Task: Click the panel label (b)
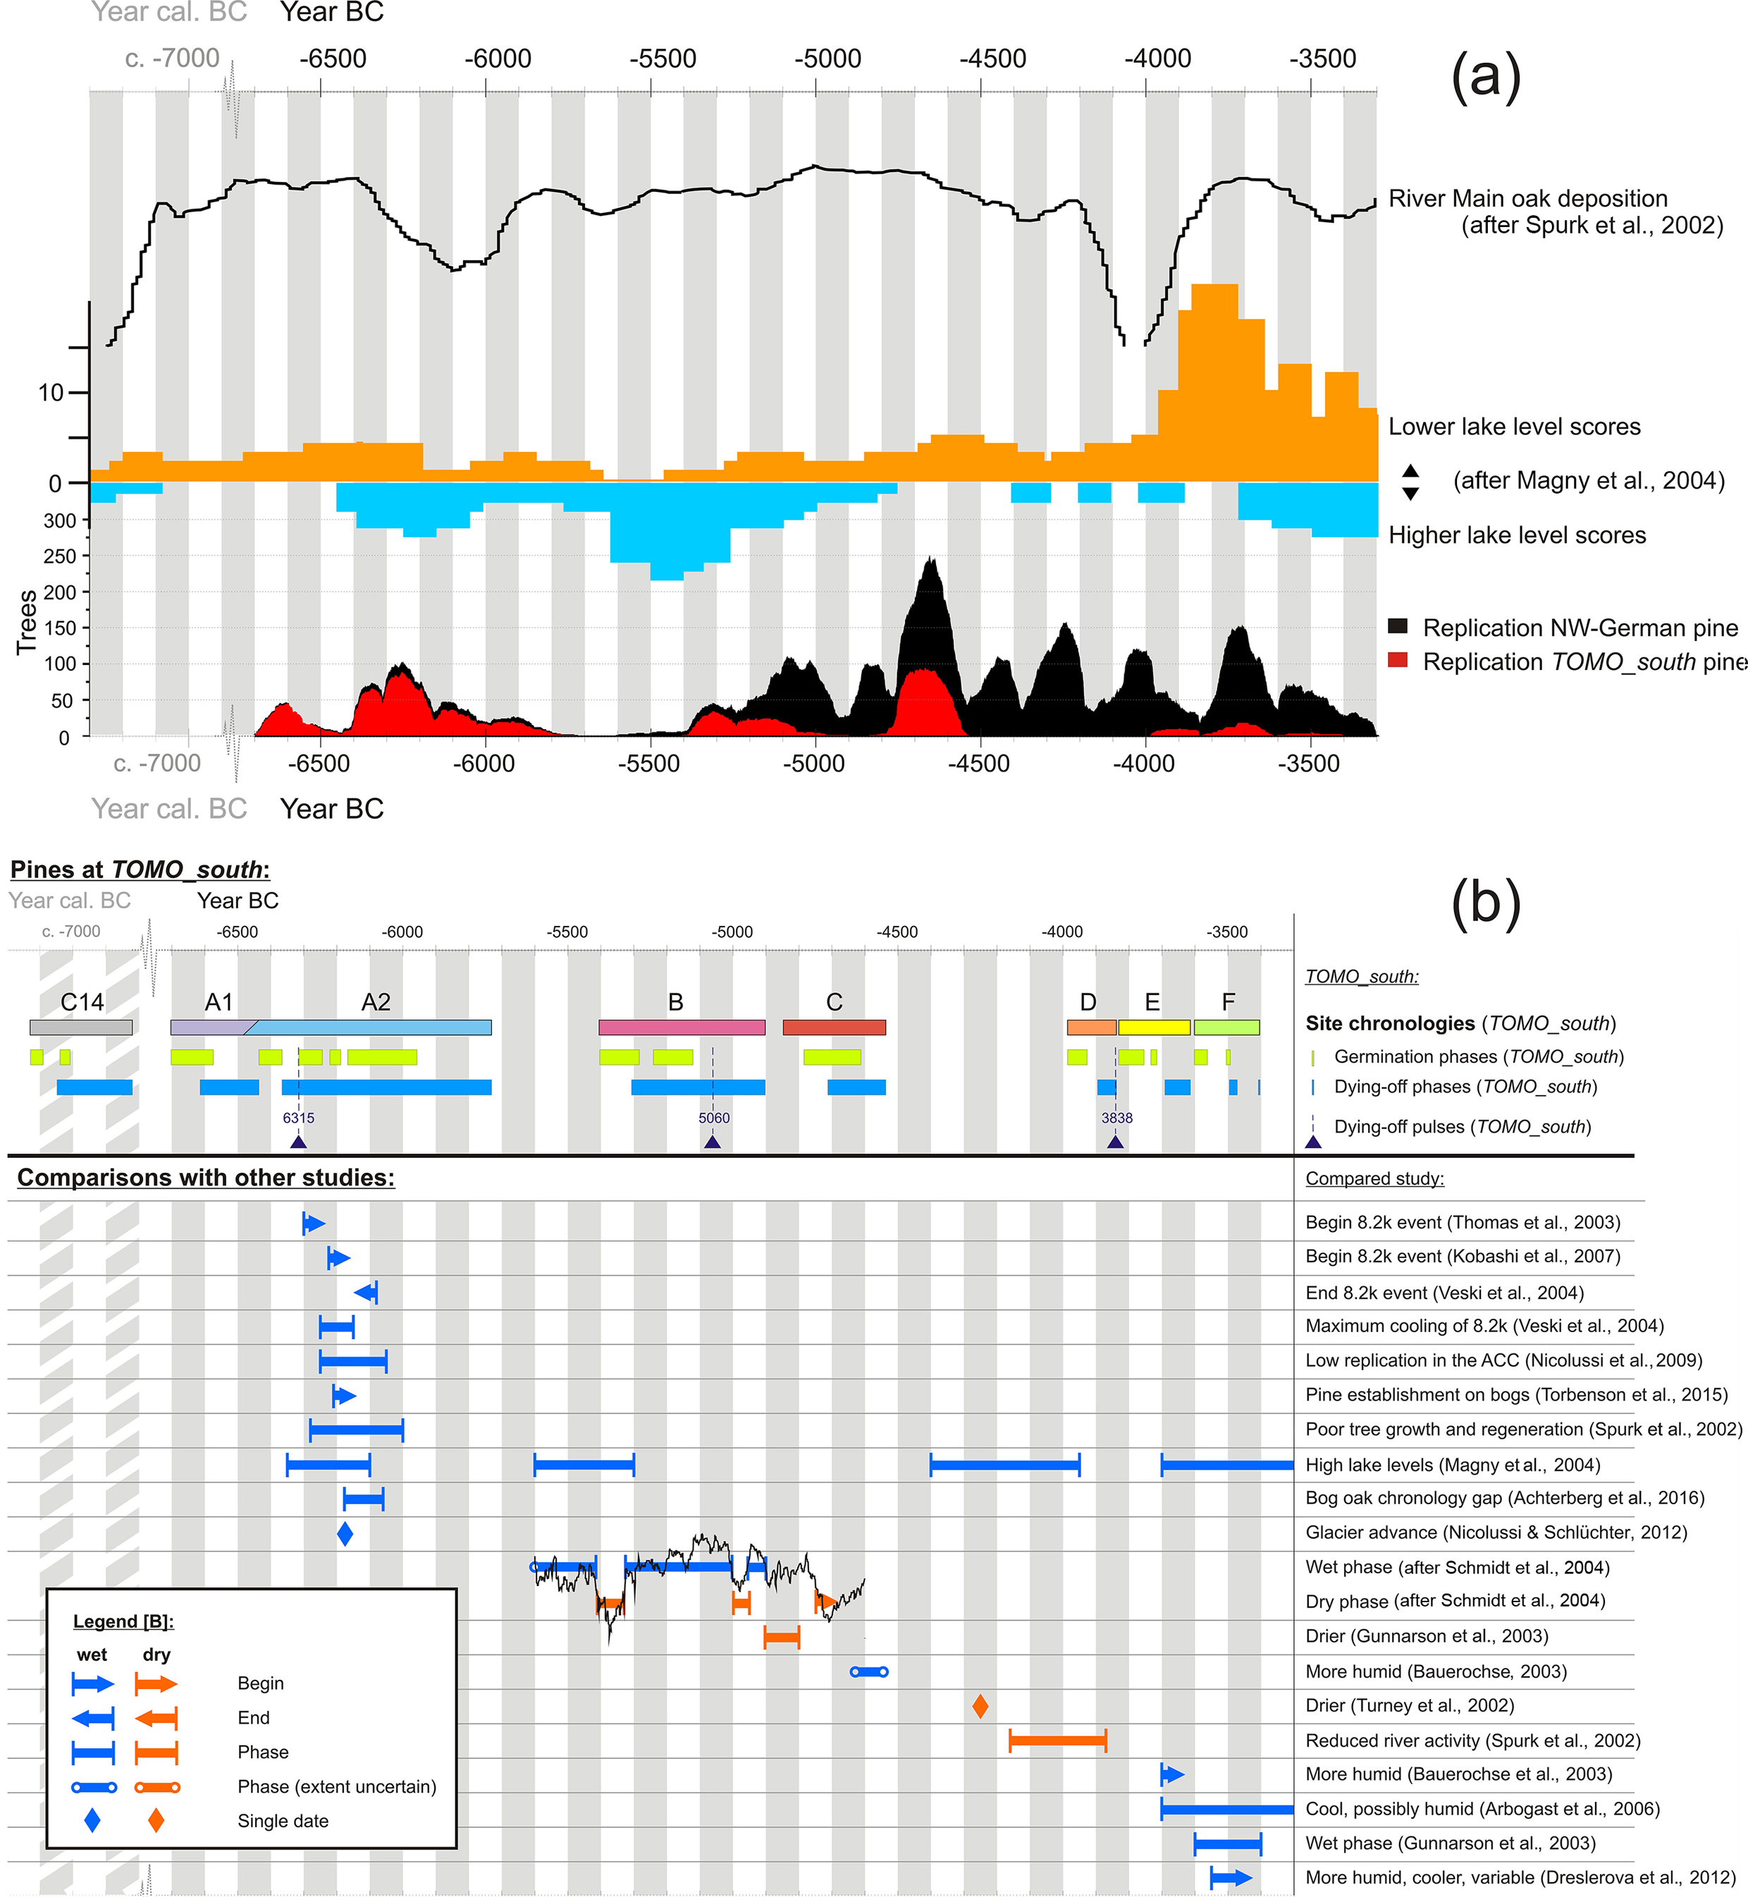tap(1485, 903)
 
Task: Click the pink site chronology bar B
tap(681, 1027)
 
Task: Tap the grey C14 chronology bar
tap(80, 1027)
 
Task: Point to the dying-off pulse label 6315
tap(298, 1117)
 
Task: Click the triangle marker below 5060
tap(713, 1142)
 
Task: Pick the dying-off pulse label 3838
tap(1116, 1117)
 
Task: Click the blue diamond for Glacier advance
tap(345, 1534)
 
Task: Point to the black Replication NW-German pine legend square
tap(1397, 626)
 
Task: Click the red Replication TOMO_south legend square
tap(1397, 660)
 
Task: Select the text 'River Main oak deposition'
tap(1527, 199)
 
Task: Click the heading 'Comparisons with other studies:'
tap(205, 1177)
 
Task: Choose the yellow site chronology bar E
tap(1153, 1027)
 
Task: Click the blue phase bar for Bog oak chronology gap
tap(363, 1499)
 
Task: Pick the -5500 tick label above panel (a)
tap(662, 59)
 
